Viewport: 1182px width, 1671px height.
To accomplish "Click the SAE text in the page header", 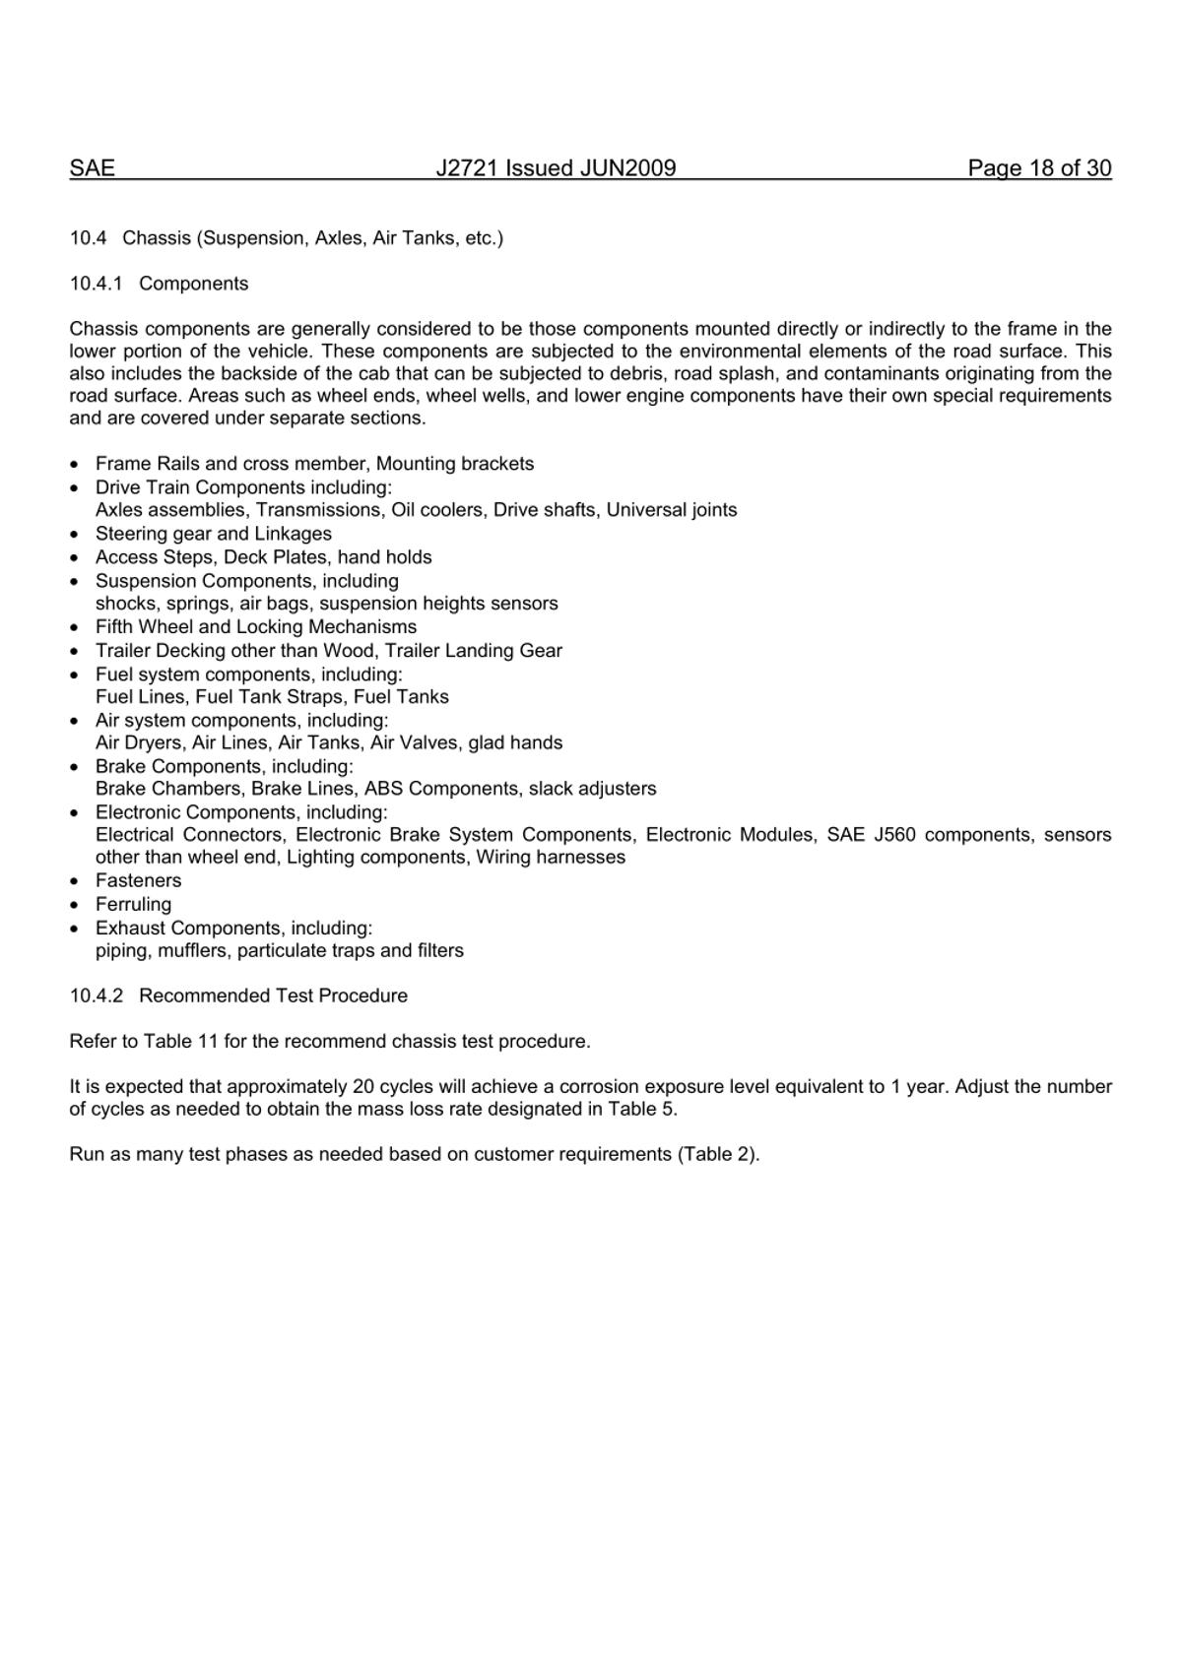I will click(x=92, y=168).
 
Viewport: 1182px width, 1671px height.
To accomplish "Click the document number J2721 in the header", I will click(x=468, y=168).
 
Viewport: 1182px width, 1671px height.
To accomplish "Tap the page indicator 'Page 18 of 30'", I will click(x=1039, y=168).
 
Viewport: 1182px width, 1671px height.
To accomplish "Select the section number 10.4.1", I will click(x=97, y=284).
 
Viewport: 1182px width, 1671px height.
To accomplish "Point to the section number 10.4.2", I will click(x=97, y=996).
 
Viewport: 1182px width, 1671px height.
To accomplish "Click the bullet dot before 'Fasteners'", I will click(x=75, y=881).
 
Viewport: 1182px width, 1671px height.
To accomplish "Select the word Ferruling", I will click(x=133, y=904).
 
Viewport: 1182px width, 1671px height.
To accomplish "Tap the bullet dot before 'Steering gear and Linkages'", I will click(x=75, y=535).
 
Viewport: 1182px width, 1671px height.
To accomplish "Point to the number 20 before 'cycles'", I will click(x=362, y=1087).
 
